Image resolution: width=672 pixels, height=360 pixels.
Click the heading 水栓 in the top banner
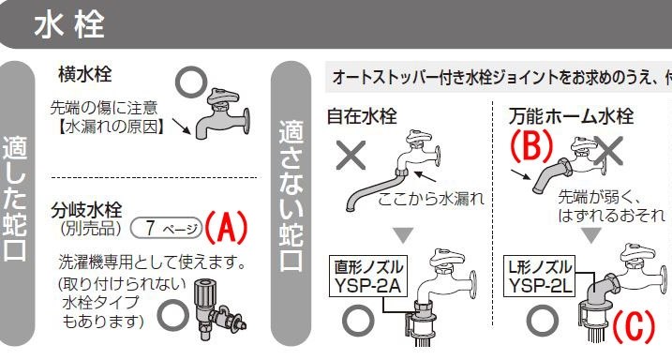pos(69,25)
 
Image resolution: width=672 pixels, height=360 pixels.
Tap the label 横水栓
pos(85,75)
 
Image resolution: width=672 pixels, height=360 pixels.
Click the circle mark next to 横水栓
pos(191,82)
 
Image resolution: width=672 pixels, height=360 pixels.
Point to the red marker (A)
pos(226,227)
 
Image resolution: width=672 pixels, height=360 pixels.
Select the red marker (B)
pos(531,145)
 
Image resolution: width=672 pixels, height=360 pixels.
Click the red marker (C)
pos(634,326)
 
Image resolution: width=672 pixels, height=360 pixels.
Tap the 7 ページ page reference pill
pos(166,228)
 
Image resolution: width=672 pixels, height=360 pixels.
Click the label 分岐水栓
pos(86,210)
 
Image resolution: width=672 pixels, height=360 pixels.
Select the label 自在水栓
pos(362,116)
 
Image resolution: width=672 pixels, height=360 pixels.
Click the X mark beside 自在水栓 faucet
pos(351,155)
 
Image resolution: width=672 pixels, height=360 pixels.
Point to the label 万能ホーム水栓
pos(572,116)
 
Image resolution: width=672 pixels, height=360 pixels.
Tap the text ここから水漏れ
pos(431,199)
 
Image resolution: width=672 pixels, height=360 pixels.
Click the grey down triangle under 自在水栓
pos(403,235)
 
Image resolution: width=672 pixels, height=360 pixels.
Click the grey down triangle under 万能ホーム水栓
pos(591,235)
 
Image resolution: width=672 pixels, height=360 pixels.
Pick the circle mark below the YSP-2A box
pos(358,321)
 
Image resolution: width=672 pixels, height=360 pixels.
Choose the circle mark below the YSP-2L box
pos(542,321)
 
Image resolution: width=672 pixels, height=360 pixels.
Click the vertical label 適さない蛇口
pos(291,195)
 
